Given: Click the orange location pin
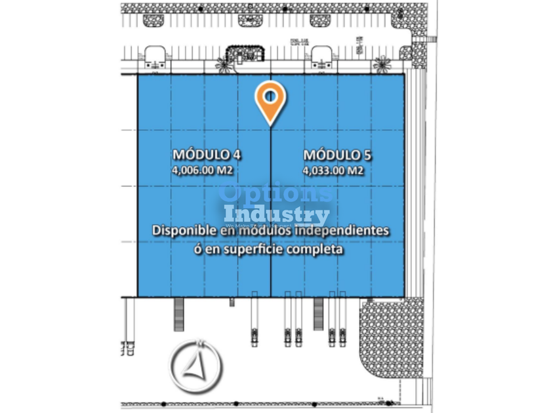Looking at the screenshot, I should click(x=270, y=102).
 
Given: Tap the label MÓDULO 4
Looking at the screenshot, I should click(x=206, y=155).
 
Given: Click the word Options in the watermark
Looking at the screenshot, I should click(x=276, y=195).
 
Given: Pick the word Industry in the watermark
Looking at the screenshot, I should click(x=276, y=214).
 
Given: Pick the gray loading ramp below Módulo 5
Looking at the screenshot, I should click(x=319, y=315).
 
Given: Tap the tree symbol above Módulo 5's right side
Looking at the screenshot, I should click(x=381, y=63).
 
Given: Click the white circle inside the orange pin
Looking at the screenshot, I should click(x=270, y=96).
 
